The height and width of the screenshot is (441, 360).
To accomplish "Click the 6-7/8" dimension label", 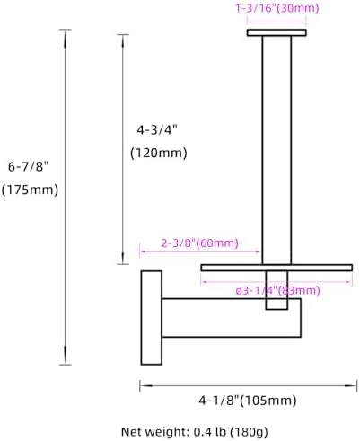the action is click(28, 166).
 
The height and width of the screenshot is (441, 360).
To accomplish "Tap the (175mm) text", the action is click(30, 190).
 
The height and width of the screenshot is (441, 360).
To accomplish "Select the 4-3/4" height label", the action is click(157, 130).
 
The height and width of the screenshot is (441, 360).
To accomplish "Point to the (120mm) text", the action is click(159, 153).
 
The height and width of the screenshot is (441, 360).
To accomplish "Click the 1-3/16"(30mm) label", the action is click(277, 8).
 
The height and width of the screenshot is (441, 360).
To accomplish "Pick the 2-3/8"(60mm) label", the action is click(200, 243).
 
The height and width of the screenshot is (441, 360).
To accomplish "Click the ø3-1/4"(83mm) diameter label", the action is click(278, 290).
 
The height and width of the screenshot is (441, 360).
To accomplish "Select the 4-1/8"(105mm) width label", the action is click(248, 400).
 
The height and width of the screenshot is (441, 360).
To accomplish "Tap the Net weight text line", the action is click(195, 432).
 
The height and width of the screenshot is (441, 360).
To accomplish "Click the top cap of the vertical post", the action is click(277, 32).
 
